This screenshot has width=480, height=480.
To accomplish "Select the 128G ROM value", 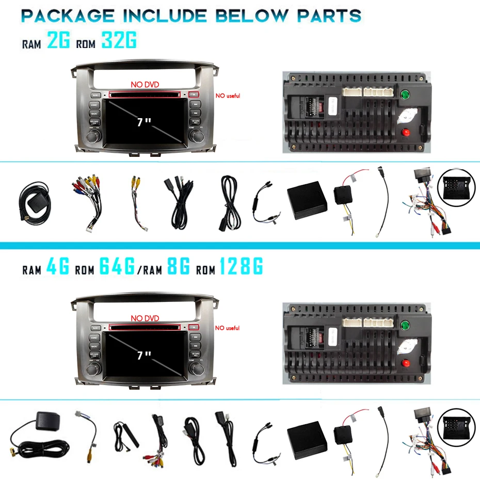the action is [241, 267].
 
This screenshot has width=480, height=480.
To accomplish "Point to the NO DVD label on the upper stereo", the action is [145, 85].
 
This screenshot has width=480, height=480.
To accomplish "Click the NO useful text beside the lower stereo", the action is [228, 328].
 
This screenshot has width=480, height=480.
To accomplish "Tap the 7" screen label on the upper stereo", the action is [144, 122].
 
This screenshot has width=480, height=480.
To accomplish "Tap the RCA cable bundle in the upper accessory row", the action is [84, 199].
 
